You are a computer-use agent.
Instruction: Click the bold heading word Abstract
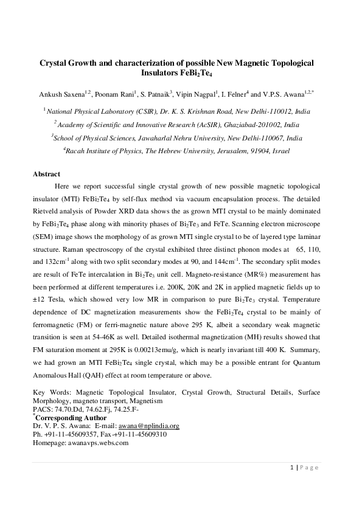point(46,174)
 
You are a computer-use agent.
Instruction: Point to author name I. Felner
point(231,95)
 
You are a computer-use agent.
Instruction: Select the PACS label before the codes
point(42,410)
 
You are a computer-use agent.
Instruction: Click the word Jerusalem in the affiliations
point(221,151)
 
